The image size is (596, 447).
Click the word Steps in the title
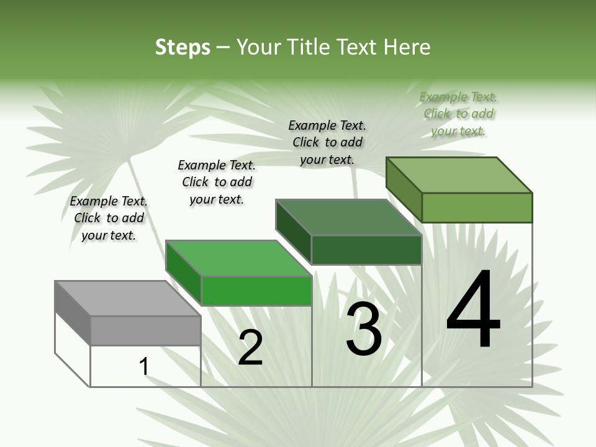click(x=183, y=47)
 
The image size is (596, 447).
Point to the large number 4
click(x=473, y=310)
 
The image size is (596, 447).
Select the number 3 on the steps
click(x=364, y=329)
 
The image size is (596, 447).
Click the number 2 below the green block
click(x=250, y=348)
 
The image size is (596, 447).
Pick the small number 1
click(x=144, y=367)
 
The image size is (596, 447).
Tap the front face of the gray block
click(x=145, y=330)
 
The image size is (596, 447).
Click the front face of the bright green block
click(x=256, y=291)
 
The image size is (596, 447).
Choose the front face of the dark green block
click(x=366, y=250)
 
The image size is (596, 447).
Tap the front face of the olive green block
click(x=477, y=207)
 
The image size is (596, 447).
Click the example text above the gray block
click(x=109, y=218)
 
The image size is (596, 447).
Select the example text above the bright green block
click(x=217, y=182)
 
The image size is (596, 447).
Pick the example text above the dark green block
click(x=327, y=142)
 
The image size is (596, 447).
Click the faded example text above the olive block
click(x=458, y=114)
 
